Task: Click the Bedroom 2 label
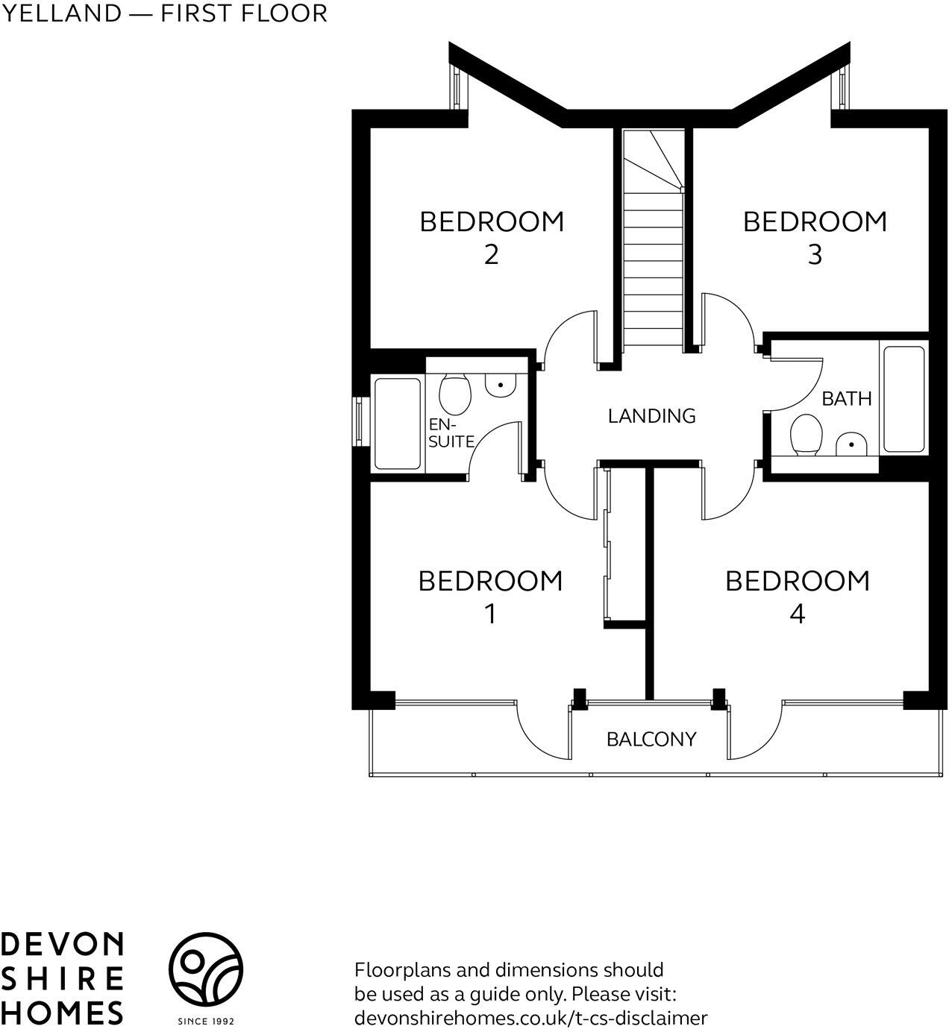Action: pyautogui.click(x=492, y=237)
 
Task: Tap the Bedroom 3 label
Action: pyautogui.click(x=815, y=237)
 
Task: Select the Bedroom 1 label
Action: pyautogui.click(x=490, y=596)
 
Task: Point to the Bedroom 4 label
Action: pyautogui.click(x=798, y=596)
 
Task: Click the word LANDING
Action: pyautogui.click(x=651, y=415)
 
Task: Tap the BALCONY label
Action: pyautogui.click(x=651, y=739)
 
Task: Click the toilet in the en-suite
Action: pyautogui.click(x=455, y=393)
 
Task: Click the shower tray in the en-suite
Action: pyautogui.click(x=397, y=423)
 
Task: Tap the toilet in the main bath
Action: pyautogui.click(x=806, y=435)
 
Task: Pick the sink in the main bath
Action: pyautogui.click(x=851, y=445)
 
